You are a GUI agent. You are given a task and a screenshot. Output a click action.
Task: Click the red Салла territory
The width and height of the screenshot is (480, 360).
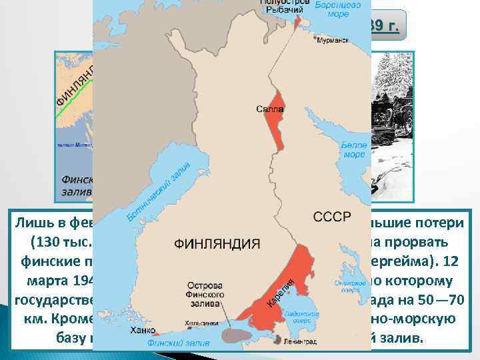tap(273, 120)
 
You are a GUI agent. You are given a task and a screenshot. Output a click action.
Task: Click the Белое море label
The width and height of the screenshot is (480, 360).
tap(353, 150)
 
